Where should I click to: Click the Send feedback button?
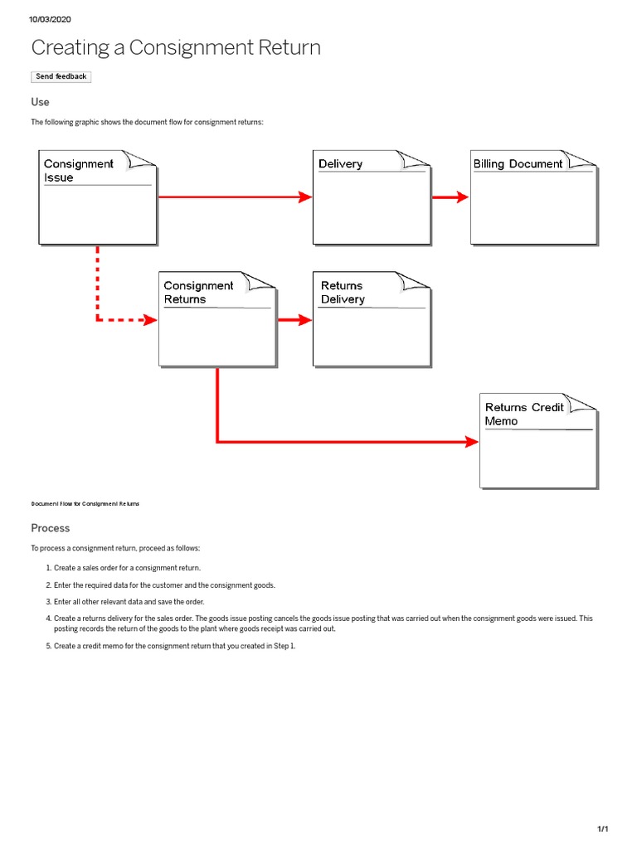tap(61, 76)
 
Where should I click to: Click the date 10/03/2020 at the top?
tap(49, 19)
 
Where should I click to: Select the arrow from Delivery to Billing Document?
tap(450, 196)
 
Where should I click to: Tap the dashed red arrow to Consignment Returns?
tap(108, 319)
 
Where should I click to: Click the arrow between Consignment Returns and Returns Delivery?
tap(294, 319)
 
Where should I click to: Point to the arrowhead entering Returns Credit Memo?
tap(472, 442)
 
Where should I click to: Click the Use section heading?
tap(40, 102)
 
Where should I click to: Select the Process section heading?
tap(51, 528)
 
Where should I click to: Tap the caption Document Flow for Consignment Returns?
tap(85, 503)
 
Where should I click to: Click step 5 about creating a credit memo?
tap(174, 646)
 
